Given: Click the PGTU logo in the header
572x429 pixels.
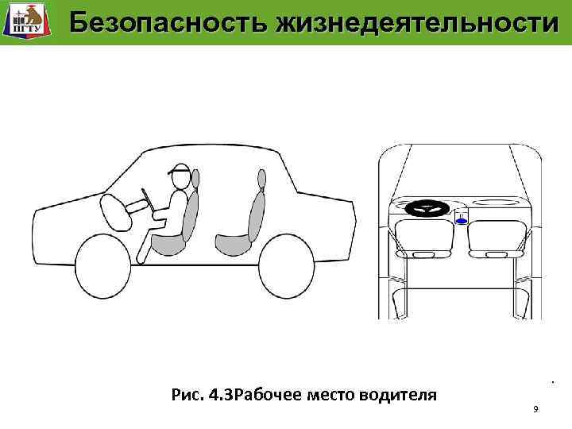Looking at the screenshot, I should coord(24,21).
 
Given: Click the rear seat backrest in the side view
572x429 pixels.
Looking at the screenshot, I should coord(257,210).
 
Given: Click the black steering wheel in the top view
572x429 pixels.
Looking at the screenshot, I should coord(427,209).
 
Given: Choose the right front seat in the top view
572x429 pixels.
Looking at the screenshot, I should coord(495,238).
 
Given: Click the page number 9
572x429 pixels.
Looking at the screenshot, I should coord(536,408).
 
